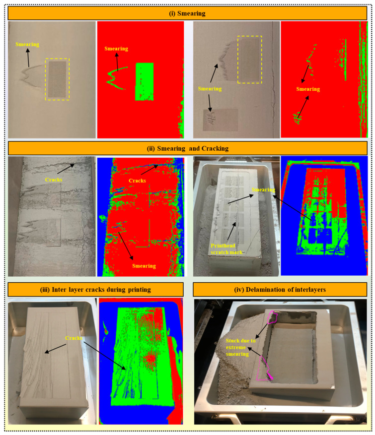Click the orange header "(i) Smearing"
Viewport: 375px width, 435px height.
[x=188, y=13]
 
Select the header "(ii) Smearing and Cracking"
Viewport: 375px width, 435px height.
[x=188, y=148]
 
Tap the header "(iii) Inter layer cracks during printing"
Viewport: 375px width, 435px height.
[x=95, y=290]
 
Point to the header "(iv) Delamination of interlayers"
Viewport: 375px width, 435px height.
[x=280, y=290]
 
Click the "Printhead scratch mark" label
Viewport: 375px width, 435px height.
[x=226, y=249]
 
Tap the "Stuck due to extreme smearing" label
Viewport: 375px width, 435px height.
[x=240, y=347]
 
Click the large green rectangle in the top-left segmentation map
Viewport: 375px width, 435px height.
[x=145, y=81]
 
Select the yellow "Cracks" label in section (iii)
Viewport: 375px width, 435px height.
[x=74, y=338]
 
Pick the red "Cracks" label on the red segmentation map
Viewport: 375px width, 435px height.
[x=137, y=181]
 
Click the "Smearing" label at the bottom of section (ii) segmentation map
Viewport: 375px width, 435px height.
[x=144, y=266]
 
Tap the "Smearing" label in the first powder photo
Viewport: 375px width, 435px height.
[x=27, y=44]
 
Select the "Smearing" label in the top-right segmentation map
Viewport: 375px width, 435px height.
[x=308, y=89]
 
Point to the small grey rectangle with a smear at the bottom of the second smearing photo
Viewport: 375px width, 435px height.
[x=221, y=120]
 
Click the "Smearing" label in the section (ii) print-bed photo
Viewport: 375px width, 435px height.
[x=263, y=190]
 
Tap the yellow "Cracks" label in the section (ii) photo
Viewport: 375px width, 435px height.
[x=54, y=180]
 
